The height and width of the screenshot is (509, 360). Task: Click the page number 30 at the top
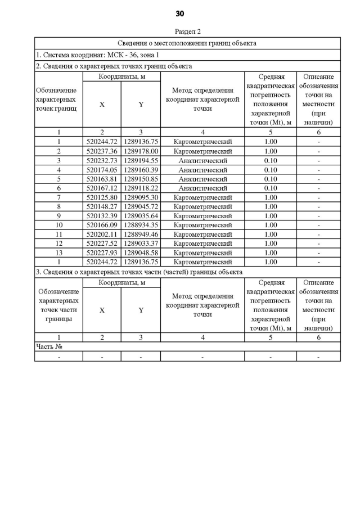[180, 13]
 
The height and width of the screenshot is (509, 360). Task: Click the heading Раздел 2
[188, 31]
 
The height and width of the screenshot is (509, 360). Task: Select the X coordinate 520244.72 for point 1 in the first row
[102, 142]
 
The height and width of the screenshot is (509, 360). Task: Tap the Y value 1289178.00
[141, 151]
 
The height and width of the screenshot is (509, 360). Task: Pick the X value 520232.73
[102, 160]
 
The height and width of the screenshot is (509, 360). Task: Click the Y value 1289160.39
[141, 169]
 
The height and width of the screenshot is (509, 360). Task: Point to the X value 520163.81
[102, 179]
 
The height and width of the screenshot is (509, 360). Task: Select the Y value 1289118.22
[141, 188]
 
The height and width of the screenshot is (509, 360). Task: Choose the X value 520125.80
[102, 197]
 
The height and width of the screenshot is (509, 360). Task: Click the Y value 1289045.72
[141, 206]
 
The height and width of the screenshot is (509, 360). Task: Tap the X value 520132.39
[102, 216]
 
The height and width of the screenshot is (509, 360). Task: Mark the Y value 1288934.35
[141, 225]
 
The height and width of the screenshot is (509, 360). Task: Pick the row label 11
[58, 234]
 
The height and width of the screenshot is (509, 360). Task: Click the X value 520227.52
[102, 244]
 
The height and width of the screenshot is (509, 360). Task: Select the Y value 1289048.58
[141, 253]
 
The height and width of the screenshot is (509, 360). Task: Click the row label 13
[58, 253]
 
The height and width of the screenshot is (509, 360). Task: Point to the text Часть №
[49, 346]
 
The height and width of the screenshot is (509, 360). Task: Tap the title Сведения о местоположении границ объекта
[187, 43]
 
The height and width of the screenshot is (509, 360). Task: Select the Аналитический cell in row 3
[202, 160]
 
